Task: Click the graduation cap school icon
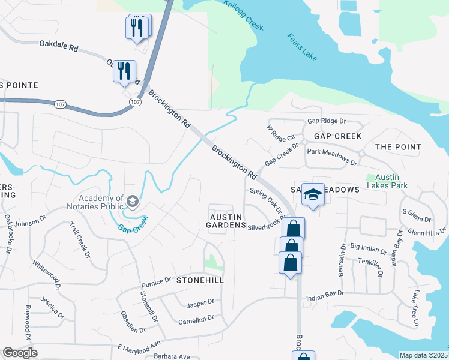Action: tap(313, 194)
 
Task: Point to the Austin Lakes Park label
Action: tap(391, 181)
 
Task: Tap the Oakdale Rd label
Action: tap(59, 44)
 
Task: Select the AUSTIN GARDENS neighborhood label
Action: tap(226, 221)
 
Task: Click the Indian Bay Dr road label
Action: tap(325, 293)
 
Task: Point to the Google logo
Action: tap(20, 352)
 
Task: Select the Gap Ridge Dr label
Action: tap(327, 121)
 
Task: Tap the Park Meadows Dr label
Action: tap(332, 157)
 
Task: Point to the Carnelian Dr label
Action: tap(196, 319)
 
